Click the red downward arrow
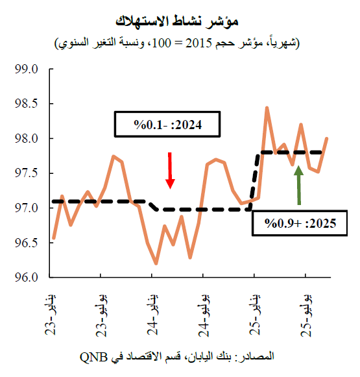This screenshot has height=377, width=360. [x=170, y=170]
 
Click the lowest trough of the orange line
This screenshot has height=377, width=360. [x=156, y=263]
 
